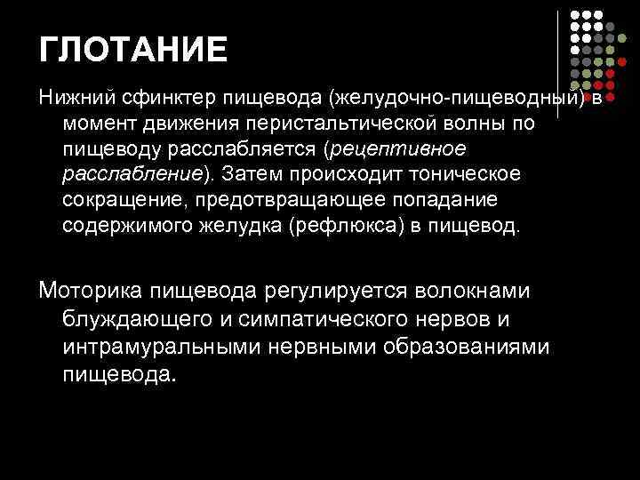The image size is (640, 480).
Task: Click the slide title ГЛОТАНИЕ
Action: click(133, 49)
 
